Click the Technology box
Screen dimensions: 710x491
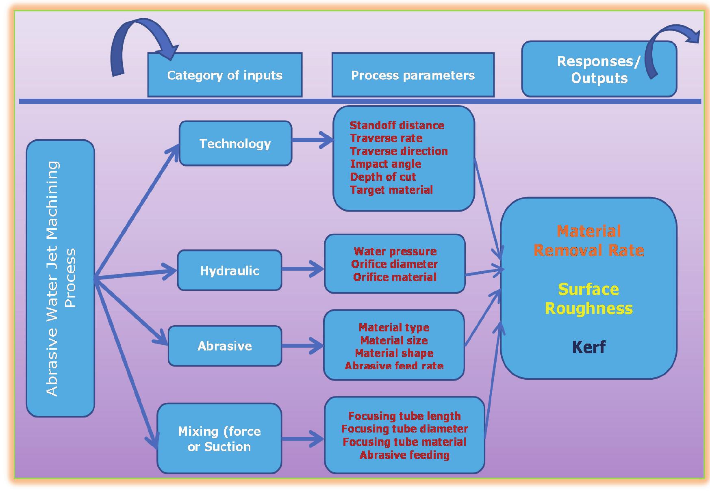(x=235, y=143)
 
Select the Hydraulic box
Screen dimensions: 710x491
(x=230, y=270)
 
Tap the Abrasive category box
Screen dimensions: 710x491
(x=225, y=346)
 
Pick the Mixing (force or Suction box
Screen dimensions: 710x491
(x=219, y=439)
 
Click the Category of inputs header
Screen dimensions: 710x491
(x=225, y=75)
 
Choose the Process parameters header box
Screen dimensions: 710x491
(x=413, y=75)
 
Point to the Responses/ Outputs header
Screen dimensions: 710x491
(x=599, y=69)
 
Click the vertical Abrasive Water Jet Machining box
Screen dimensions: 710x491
(x=61, y=279)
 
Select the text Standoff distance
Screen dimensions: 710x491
(x=397, y=125)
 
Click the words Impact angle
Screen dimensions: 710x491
(x=385, y=164)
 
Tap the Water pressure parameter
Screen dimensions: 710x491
(x=395, y=251)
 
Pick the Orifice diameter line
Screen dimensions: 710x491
(x=394, y=264)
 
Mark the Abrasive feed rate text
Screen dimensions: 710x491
(x=394, y=366)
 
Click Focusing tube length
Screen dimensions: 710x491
(x=404, y=416)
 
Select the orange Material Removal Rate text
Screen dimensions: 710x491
(x=588, y=240)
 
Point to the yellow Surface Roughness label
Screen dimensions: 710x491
(x=588, y=299)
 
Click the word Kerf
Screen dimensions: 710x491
(x=588, y=347)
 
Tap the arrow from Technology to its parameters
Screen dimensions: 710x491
(x=313, y=140)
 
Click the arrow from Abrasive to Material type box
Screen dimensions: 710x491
(x=303, y=346)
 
